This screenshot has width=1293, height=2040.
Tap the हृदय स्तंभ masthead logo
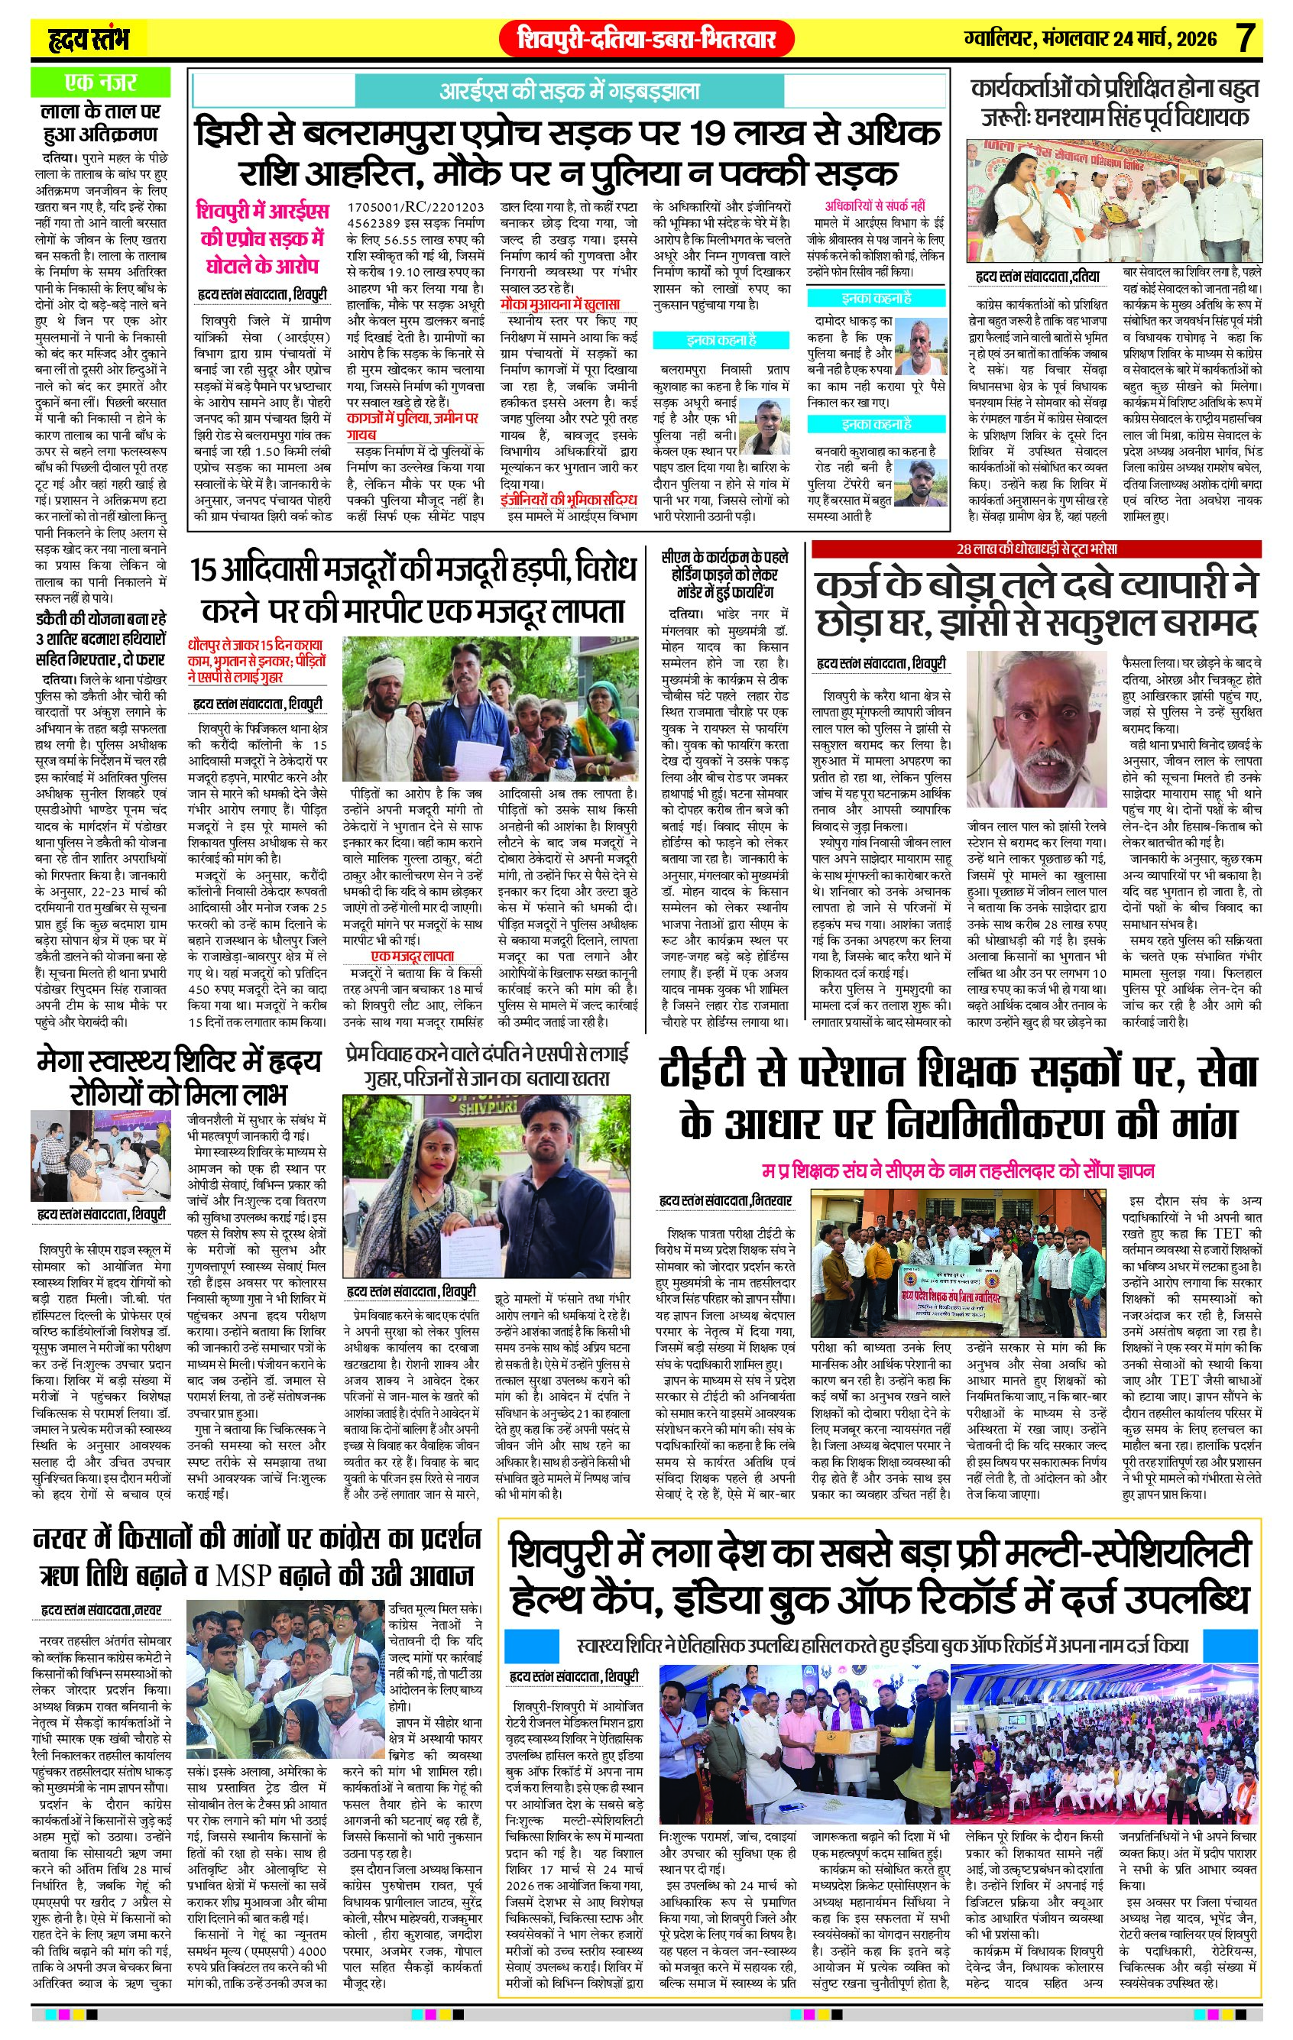click(x=87, y=39)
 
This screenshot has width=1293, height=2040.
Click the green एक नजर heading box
click(x=100, y=83)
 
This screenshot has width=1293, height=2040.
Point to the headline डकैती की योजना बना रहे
click(x=100, y=620)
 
